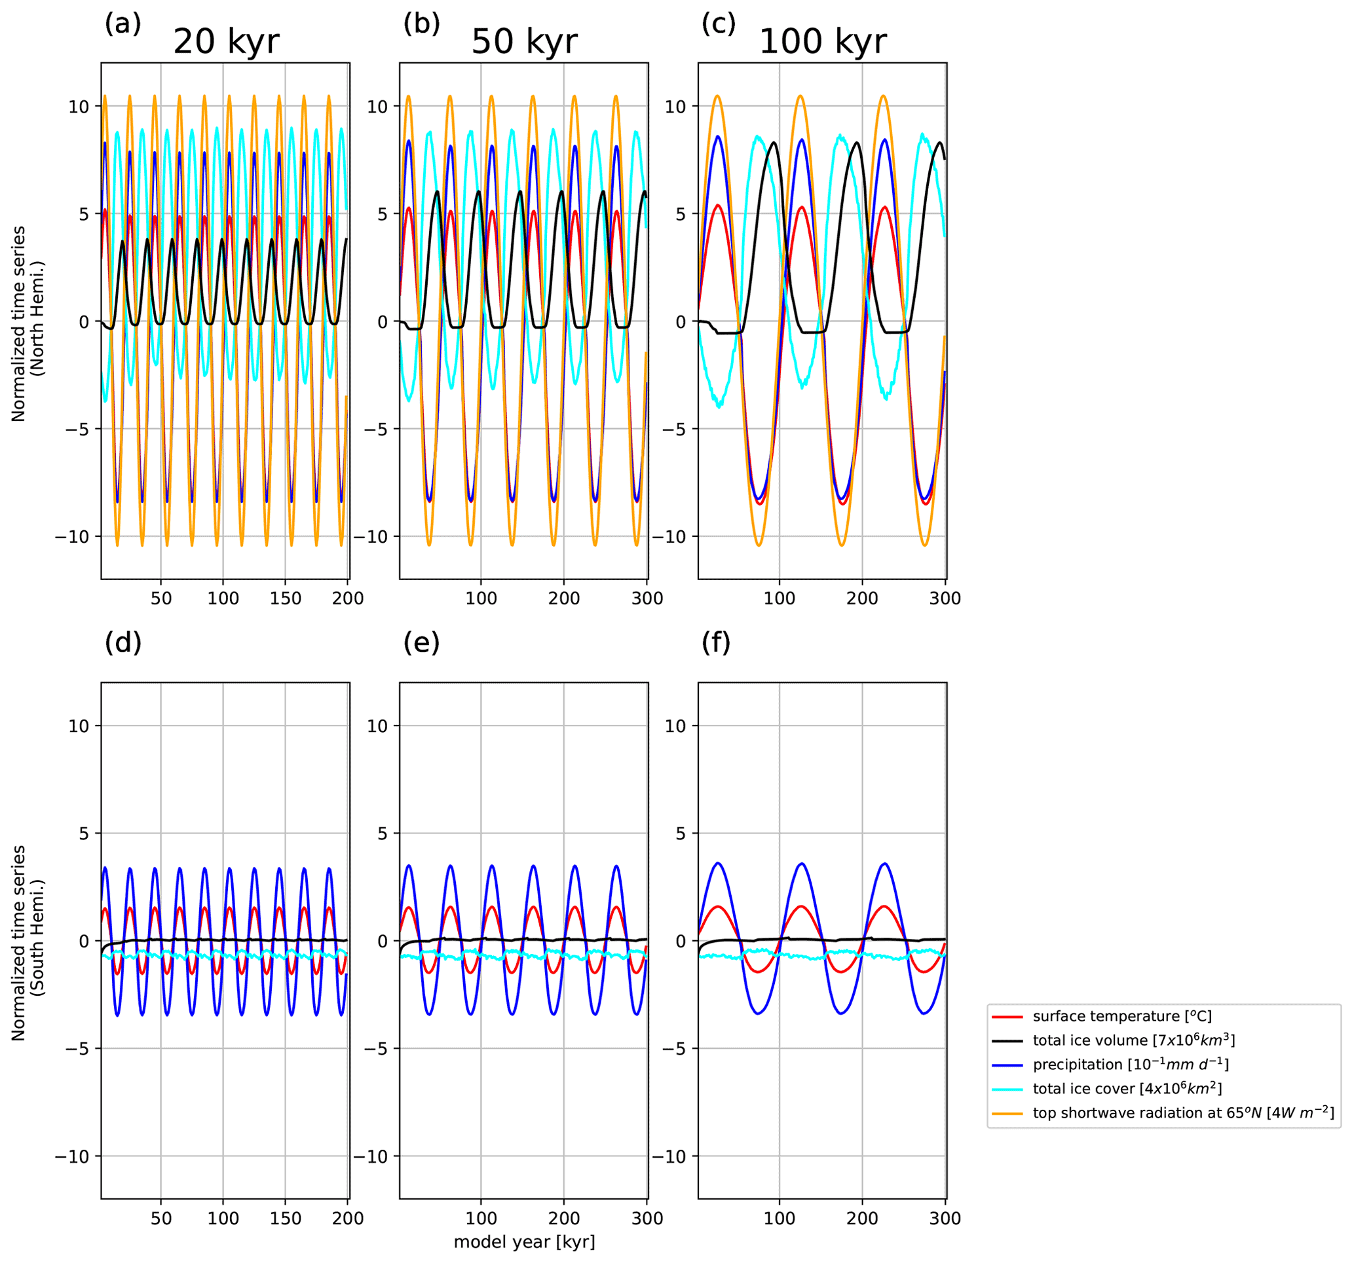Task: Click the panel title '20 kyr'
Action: (x=226, y=41)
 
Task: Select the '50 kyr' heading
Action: (x=524, y=41)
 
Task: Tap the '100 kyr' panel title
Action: (x=822, y=41)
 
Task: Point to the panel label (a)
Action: (x=122, y=24)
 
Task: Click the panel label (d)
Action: (x=122, y=642)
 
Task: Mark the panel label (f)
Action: (x=716, y=642)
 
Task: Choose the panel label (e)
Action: (x=421, y=642)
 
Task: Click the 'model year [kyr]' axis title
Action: (x=524, y=1241)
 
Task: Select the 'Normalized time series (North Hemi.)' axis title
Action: (x=28, y=323)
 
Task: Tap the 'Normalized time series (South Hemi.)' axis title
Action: (x=28, y=943)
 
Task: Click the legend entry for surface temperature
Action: (x=1121, y=1017)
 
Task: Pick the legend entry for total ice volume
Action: (x=1133, y=1040)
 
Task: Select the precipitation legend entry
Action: (x=1131, y=1065)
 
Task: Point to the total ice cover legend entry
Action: (x=1127, y=1089)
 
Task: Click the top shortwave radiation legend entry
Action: (x=1182, y=1113)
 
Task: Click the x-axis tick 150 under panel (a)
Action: (x=285, y=598)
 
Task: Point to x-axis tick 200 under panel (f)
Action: (x=861, y=1218)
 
